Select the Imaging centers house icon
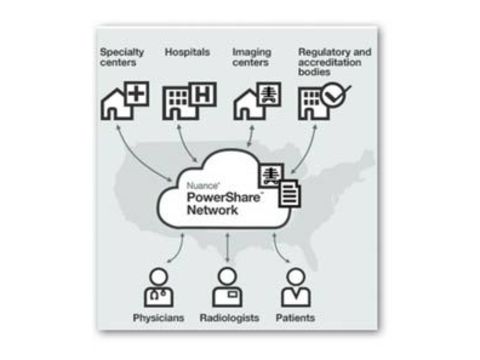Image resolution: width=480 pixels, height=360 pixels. [x=255, y=100]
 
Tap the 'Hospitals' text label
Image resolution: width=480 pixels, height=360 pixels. [x=188, y=51]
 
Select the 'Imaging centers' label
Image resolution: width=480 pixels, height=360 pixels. [x=251, y=57]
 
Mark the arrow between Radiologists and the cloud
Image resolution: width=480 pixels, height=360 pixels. [x=227, y=246]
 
